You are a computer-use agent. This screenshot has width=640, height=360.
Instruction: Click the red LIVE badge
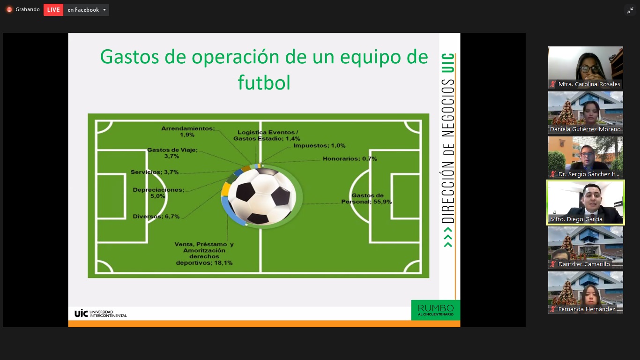53,10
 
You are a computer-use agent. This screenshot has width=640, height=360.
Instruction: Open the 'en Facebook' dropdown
86,10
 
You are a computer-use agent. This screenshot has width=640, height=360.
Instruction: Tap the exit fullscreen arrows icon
630,11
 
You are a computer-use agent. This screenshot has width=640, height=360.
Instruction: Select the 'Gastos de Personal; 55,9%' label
366,198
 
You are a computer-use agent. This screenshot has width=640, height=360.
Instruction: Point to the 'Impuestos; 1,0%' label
320,145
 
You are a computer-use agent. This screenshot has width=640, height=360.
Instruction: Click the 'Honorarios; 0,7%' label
350,159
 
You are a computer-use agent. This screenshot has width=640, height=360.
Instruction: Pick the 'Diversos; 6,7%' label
156,217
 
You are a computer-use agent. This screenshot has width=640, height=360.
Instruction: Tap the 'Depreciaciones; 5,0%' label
158,193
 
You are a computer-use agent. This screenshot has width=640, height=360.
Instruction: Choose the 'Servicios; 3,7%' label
155,172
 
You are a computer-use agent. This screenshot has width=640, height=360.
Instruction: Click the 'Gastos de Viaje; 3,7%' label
172,153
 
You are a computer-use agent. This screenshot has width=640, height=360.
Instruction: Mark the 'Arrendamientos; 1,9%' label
188,132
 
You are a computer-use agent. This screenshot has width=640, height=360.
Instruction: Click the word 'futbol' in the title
264,82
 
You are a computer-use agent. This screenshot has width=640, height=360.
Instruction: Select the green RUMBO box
436,310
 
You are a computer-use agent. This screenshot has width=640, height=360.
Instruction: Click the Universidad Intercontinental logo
101,314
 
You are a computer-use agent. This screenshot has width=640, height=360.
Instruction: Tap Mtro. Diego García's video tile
586,202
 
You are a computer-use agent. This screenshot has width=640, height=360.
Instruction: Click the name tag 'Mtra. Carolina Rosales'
589,84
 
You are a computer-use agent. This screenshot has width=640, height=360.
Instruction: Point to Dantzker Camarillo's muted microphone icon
553,264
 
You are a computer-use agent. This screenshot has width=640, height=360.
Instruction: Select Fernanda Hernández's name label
587,309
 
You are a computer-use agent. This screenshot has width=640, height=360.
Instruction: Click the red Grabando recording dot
9,10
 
